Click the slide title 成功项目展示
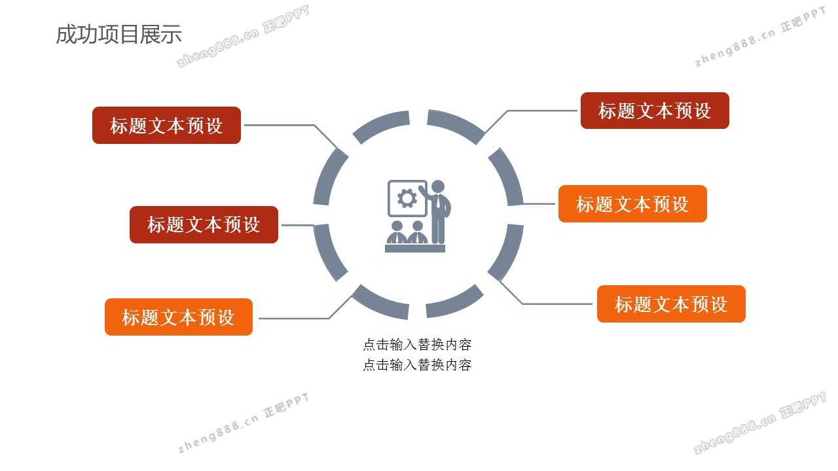pos(119,35)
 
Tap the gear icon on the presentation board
pos(407,198)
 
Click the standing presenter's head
pos(438,186)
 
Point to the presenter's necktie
pos(438,202)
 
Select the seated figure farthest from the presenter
pos(397,232)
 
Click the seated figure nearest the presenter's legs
pos(418,232)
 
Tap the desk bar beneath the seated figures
pos(415,249)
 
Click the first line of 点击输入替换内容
pos(417,345)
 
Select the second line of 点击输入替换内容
pos(417,365)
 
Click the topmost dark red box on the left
pos(166,125)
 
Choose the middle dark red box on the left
pos(204,224)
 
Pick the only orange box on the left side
pos(179,317)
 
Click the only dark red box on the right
pos(655,111)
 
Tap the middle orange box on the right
pos(632,203)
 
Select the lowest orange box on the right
pos(671,304)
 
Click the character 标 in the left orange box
pos(131,317)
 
